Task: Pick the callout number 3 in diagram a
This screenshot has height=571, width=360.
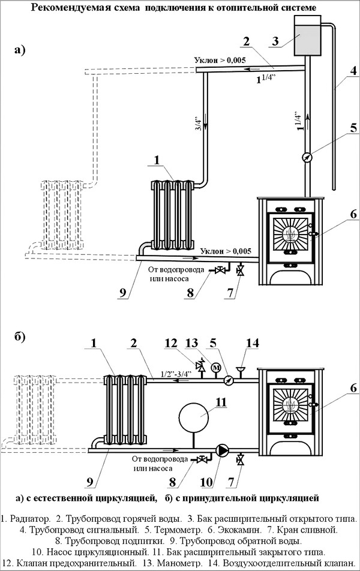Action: coord(275,41)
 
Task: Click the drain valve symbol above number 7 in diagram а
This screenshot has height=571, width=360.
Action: coord(241,271)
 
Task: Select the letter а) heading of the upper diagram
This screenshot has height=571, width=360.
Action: coord(20,51)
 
